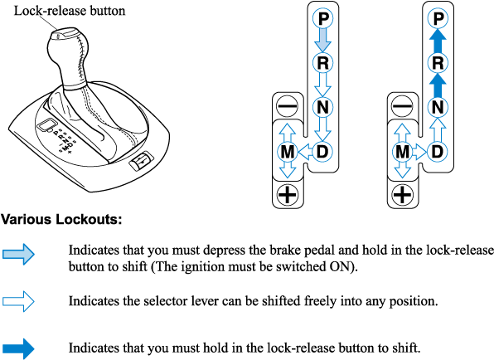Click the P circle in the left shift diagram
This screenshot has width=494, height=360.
pyautogui.click(x=323, y=18)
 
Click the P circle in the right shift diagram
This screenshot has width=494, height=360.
pyautogui.click(x=438, y=18)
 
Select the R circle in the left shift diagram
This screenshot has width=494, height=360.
pyautogui.click(x=323, y=63)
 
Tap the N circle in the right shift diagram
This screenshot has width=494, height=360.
pyautogui.click(x=438, y=107)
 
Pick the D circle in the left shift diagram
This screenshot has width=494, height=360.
pyautogui.click(x=322, y=152)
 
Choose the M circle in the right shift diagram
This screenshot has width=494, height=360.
pyautogui.click(x=402, y=152)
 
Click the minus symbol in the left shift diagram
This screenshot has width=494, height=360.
pyautogui.click(x=288, y=106)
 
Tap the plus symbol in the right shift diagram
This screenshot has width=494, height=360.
pyautogui.click(x=402, y=194)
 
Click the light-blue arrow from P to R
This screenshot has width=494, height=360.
pyautogui.click(x=323, y=41)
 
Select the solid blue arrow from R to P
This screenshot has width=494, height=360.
pyautogui.click(x=438, y=41)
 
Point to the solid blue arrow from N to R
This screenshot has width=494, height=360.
pyautogui.click(x=438, y=85)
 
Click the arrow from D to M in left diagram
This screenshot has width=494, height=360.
pyautogui.click(x=305, y=152)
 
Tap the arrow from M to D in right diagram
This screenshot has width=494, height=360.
pyautogui.click(x=419, y=152)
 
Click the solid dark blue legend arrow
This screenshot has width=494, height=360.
pyautogui.click(x=18, y=348)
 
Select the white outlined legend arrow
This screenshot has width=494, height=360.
pyautogui.click(x=18, y=301)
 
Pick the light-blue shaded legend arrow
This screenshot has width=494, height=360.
pyautogui.click(x=18, y=254)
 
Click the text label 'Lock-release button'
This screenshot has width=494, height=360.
pyautogui.click(x=70, y=11)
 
